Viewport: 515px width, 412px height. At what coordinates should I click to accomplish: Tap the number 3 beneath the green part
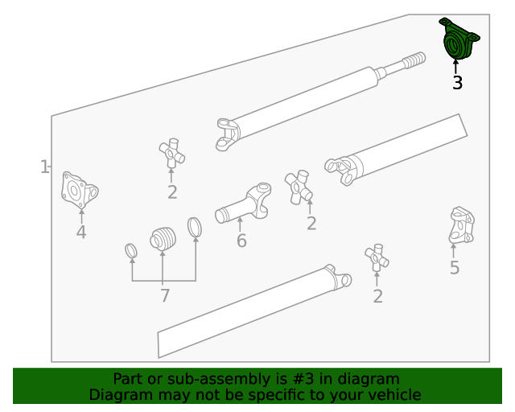pos(457,83)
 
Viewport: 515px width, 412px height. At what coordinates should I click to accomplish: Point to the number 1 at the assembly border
pos(44,167)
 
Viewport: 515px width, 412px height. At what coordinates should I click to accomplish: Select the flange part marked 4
pos(80,190)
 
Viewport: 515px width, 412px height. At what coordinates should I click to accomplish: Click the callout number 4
pos(81,233)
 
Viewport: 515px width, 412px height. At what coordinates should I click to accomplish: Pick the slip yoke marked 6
pos(243,203)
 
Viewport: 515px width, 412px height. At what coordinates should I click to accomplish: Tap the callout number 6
pos(241,241)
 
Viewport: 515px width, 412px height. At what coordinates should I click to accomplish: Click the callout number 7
pos(165,295)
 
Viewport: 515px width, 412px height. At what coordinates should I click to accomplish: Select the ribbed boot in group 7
pos(163,238)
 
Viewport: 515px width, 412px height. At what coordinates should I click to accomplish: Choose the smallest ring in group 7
pos(131,251)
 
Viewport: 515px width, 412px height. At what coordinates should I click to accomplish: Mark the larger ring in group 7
pos(195,227)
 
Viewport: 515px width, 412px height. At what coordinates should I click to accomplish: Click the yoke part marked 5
pos(461,225)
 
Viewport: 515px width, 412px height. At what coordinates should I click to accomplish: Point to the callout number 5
pos(455,268)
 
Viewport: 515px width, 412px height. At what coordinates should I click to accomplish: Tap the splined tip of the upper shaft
pos(414,60)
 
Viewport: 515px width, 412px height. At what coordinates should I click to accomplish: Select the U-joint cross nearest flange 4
pos(171,153)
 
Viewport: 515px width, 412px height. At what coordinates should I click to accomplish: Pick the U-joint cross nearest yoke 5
pos(377,257)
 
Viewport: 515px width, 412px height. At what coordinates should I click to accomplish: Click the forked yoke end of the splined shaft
pos(228,134)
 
